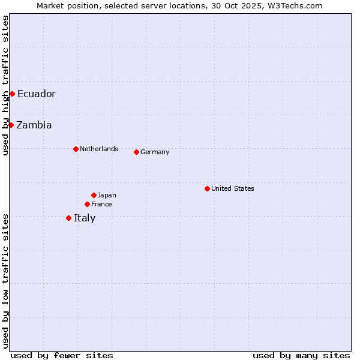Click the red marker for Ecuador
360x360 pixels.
(x=12, y=94)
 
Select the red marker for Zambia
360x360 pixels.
(x=11, y=125)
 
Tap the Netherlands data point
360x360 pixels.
(x=76, y=149)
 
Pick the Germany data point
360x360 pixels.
(x=136, y=152)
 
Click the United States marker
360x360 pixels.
(x=207, y=188)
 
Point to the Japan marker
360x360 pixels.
(x=94, y=195)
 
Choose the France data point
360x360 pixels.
(x=87, y=204)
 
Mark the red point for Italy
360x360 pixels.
(x=68, y=218)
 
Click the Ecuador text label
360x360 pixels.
(x=37, y=94)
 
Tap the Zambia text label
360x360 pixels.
(x=34, y=125)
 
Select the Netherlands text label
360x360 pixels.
(x=99, y=149)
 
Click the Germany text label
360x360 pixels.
(x=155, y=152)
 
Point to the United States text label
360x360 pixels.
(x=233, y=188)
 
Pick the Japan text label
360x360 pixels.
(x=107, y=195)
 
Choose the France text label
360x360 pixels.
(x=101, y=204)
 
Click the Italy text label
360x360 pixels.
(x=85, y=218)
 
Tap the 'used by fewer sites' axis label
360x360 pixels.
(x=62, y=355)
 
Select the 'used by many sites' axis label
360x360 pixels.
(x=301, y=355)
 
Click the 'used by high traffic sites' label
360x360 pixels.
(x=5, y=85)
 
